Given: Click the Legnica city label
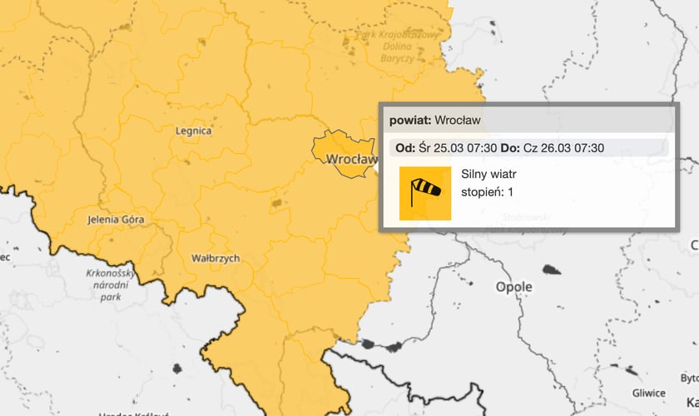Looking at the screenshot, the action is coord(194,131).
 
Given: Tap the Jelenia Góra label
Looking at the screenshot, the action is coord(116,220).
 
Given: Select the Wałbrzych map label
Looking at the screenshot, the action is coord(215,259).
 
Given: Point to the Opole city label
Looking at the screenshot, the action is coord(513,287).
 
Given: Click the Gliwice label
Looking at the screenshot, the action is coord(648,393).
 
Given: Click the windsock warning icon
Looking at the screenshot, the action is coord(425,193).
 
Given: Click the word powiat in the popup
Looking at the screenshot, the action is coord(409,121).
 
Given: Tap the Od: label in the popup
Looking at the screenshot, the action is coord(405,148).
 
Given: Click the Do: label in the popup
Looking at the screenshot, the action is coord(510,148).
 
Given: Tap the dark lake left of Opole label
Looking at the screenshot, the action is coord(551,270).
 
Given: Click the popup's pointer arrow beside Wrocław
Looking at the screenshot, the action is coord(377,166).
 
